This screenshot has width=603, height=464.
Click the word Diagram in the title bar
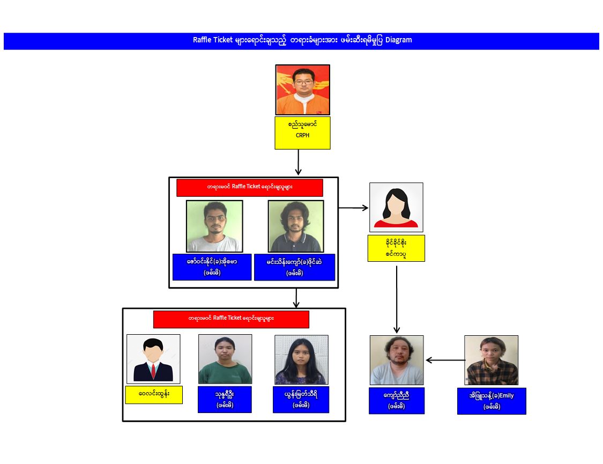pos(398,40)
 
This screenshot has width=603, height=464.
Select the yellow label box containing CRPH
pos(302,132)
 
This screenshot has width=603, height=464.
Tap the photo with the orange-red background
pos(303,90)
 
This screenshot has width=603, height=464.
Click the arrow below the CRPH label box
pos(298,162)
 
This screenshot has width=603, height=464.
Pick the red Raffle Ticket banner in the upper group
pos(250,188)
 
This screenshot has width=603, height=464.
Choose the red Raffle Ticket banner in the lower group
pos(231,319)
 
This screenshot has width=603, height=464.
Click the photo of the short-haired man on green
pos(214,226)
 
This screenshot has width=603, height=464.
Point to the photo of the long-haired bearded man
pos(296,226)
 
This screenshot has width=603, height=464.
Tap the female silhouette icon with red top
pos(396,207)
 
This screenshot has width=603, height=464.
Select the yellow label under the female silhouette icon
pos(396,248)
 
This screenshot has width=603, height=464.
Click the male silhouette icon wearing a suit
pos(153,359)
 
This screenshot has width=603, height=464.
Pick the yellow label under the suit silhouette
pos(154,395)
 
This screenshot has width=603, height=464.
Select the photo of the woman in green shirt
pos(225,359)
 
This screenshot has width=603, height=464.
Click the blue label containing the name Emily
pos(492,401)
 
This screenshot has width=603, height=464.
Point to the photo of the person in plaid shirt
pos(492,360)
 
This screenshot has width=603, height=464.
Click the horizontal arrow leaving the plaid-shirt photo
pos(445,360)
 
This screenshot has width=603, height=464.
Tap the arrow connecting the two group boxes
pos(296,298)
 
